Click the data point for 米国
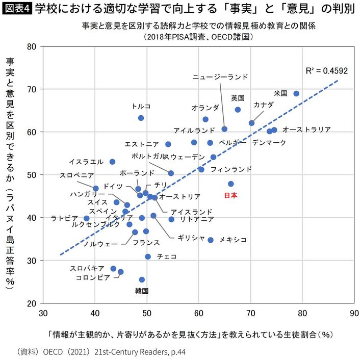pyautogui.click(x=296, y=93)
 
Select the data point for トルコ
pyautogui.click(x=141, y=118)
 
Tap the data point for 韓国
pyautogui.click(x=142, y=279)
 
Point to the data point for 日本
pyautogui.click(x=230, y=184)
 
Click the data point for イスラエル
pyautogui.click(x=113, y=162)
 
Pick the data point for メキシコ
pyautogui.click(x=211, y=240)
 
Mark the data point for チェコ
pyautogui.click(x=148, y=256)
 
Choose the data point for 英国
pyautogui.click(x=238, y=110)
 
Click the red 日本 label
pyautogui.click(x=230, y=195)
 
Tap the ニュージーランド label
pyautogui.click(x=220, y=77)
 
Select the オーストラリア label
pyautogui.click(x=306, y=130)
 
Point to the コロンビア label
pyautogui.click(x=93, y=277)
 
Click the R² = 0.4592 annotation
pyautogui.click(x=327, y=71)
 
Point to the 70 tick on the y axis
pyautogui.click(x=32, y=89)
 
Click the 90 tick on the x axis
pyautogui.click(x=354, y=313)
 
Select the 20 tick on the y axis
pyautogui.click(x=32, y=303)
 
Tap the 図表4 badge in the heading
pyautogui.click(x=17, y=9)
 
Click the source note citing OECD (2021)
pyautogui.click(x=101, y=352)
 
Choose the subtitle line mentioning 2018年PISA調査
pyautogui.click(x=198, y=37)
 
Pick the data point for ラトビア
pyautogui.click(x=87, y=218)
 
